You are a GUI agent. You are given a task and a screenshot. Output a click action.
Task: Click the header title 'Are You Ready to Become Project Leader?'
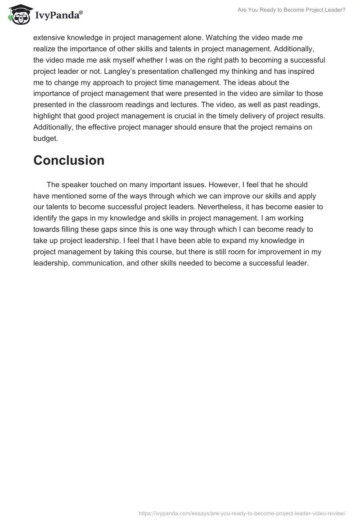coord(291,9)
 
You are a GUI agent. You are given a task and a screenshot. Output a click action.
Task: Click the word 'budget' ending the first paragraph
coord(45,138)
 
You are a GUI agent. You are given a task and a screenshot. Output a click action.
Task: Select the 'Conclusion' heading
coord(69,161)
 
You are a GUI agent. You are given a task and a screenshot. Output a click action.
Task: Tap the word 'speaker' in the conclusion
coord(75,184)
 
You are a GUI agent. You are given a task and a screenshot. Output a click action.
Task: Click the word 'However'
coord(220,184)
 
